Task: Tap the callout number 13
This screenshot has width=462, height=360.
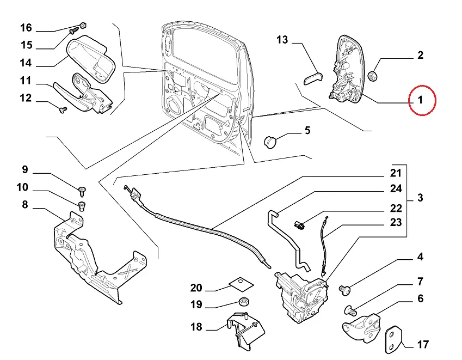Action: tap(282, 40)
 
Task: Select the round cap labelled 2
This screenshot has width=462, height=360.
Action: tap(373, 75)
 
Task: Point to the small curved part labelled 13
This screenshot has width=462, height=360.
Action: tap(312, 77)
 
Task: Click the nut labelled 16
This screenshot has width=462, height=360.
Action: tap(84, 25)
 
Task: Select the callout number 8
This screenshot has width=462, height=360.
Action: tap(25, 205)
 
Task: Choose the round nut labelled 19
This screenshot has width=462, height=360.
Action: tap(244, 302)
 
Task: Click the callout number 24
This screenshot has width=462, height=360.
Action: tap(396, 189)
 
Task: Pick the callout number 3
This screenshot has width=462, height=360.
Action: tap(421, 198)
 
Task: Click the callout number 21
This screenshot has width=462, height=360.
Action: tap(396, 174)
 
